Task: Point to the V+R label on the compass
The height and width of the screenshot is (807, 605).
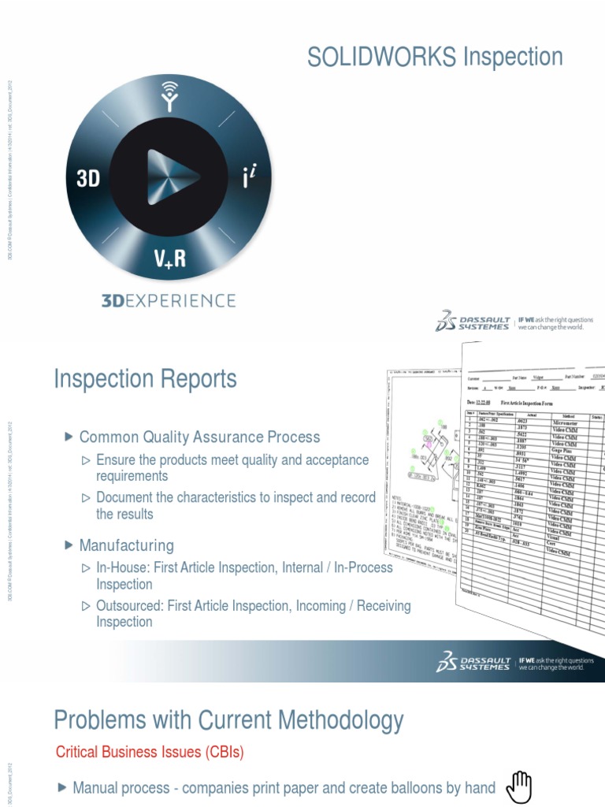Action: [169, 258]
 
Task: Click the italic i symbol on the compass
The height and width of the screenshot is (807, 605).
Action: [250, 177]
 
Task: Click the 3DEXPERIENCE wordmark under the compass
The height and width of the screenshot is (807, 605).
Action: [168, 300]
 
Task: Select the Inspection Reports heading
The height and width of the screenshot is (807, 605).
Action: [145, 379]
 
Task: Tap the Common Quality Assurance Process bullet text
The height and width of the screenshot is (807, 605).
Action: [199, 437]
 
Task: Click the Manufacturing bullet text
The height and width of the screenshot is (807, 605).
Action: [126, 545]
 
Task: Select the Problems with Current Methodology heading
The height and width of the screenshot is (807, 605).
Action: [228, 720]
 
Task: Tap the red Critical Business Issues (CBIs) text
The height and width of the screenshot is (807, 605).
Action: [150, 753]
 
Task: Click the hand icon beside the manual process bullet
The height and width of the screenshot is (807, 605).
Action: [519, 786]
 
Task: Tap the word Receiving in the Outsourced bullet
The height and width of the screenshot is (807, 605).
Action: [384, 605]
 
